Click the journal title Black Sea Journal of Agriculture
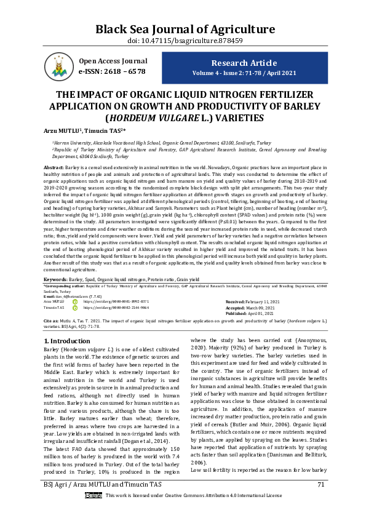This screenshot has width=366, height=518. (183, 29)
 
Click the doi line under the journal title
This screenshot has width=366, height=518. (183, 41)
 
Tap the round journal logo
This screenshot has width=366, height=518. (58, 68)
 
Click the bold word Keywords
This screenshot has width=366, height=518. (56, 279)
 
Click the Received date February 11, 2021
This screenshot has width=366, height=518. (268, 301)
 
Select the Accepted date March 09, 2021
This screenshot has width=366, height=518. (267, 307)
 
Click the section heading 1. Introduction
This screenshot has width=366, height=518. (68, 340)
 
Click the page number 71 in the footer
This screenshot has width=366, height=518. (320, 502)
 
